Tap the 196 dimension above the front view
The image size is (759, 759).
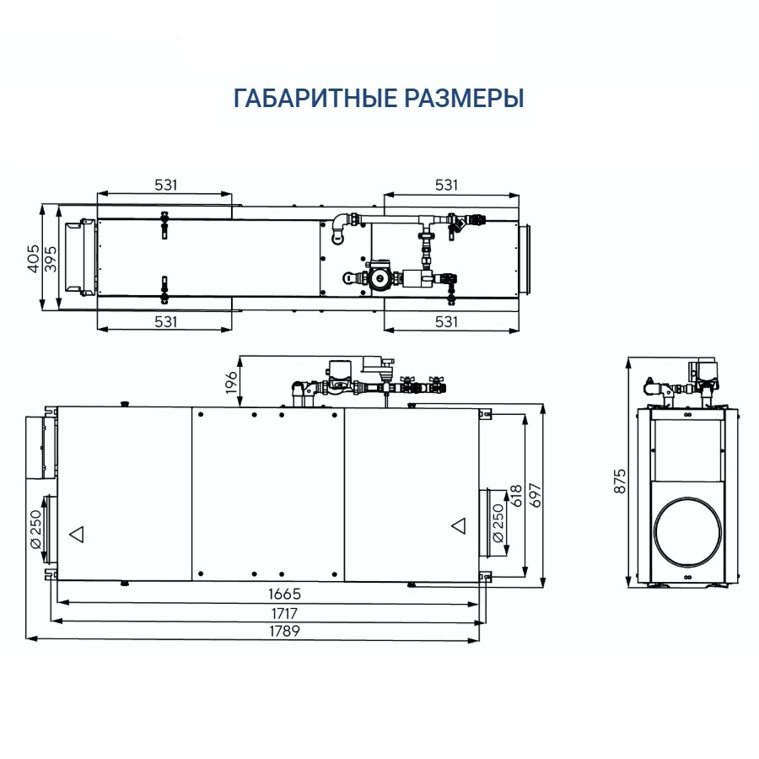231,380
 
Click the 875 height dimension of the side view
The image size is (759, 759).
620,481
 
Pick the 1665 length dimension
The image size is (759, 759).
267,595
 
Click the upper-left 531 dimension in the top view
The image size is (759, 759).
164,185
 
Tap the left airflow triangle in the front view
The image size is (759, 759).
77,533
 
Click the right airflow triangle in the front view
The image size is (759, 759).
459,525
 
